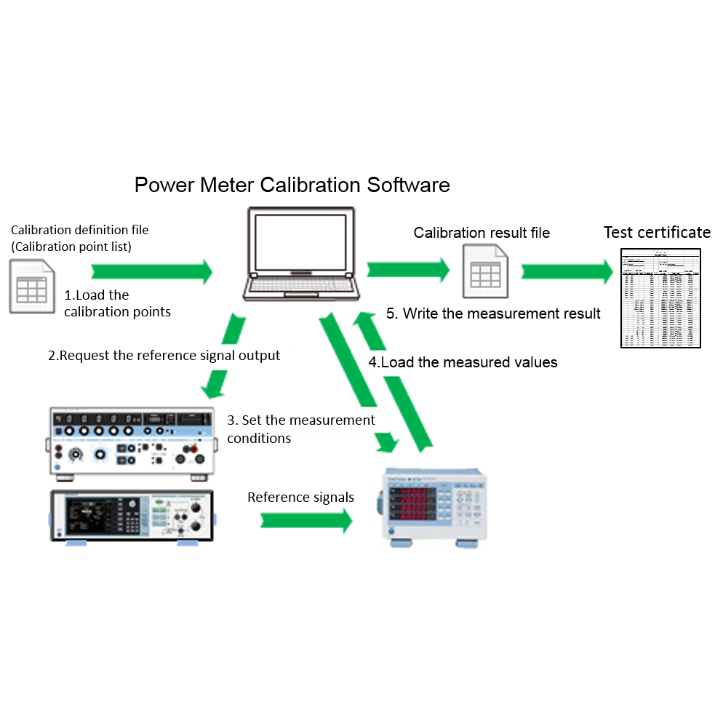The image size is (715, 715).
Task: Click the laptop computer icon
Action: click(301, 253)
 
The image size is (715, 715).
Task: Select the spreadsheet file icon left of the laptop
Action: click(32, 286)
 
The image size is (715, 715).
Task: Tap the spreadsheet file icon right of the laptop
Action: click(485, 271)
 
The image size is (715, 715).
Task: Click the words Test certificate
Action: click(656, 233)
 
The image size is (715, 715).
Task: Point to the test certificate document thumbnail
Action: click(660, 298)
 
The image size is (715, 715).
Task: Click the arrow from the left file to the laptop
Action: click(151, 272)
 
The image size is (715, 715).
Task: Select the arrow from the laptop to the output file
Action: click(407, 270)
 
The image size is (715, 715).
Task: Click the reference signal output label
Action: click(208, 356)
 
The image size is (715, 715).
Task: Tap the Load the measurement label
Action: click(429, 362)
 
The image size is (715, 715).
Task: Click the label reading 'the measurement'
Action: click(329, 420)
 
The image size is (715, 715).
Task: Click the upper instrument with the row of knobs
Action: click(132, 442)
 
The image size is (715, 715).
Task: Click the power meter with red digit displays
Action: click(432, 507)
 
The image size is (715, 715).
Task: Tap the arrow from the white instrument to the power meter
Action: click(305, 520)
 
